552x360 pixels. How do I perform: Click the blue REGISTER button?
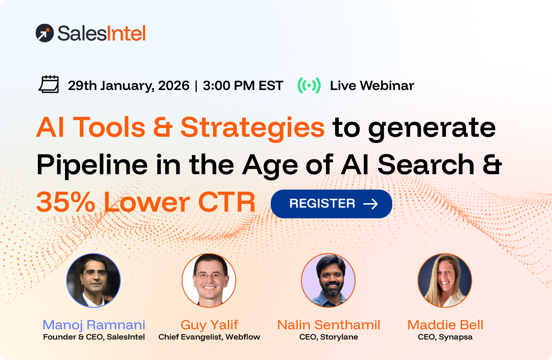pos(331,204)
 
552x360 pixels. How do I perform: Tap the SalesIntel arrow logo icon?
pos(44,33)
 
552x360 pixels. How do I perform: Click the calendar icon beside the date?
pos(49,85)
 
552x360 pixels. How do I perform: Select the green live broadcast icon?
pos(309,85)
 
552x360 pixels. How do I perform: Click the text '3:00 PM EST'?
pos(243,86)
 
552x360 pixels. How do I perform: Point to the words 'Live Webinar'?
pos(372,86)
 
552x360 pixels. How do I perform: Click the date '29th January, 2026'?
pos(129,86)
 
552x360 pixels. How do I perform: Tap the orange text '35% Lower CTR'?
pos(146,203)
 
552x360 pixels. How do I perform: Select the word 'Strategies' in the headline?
pos(252,128)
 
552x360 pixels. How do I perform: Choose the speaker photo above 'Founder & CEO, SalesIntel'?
pos(93,280)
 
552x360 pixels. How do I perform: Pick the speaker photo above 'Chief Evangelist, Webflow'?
pos(209,280)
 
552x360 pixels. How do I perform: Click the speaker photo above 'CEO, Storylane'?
pos(328,280)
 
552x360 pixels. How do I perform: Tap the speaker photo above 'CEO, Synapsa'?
pos(445,280)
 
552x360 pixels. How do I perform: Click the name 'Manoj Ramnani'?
pos(94,325)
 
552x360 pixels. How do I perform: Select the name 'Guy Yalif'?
pos(209,325)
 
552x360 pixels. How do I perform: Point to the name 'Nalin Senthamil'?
pos(329,325)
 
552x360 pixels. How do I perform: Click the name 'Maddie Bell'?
pos(445,325)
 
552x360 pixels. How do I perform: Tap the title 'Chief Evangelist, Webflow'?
pos(209,337)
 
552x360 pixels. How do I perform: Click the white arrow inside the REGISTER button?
pos(370,204)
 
